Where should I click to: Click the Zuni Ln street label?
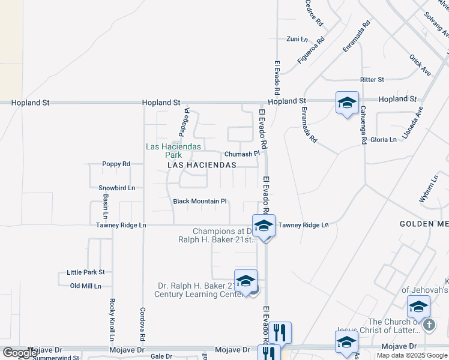click(x=297, y=38)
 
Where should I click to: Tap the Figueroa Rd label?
click(x=311, y=50)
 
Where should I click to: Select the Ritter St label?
click(x=372, y=79)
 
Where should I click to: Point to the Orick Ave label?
click(x=420, y=65)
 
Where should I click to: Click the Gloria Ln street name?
click(x=384, y=139)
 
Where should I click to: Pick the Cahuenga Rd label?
click(x=364, y=125)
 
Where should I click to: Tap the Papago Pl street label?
click(x=183, y=122)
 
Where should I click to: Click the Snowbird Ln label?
click(x=116, y=188)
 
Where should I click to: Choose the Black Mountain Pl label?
click(x=200, y=202)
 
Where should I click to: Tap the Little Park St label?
click(x=86, y=272)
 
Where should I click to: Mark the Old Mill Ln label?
click(x=86, y=286)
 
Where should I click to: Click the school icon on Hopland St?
click(x=347, y=103)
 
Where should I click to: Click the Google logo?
click(x=19, y=353)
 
